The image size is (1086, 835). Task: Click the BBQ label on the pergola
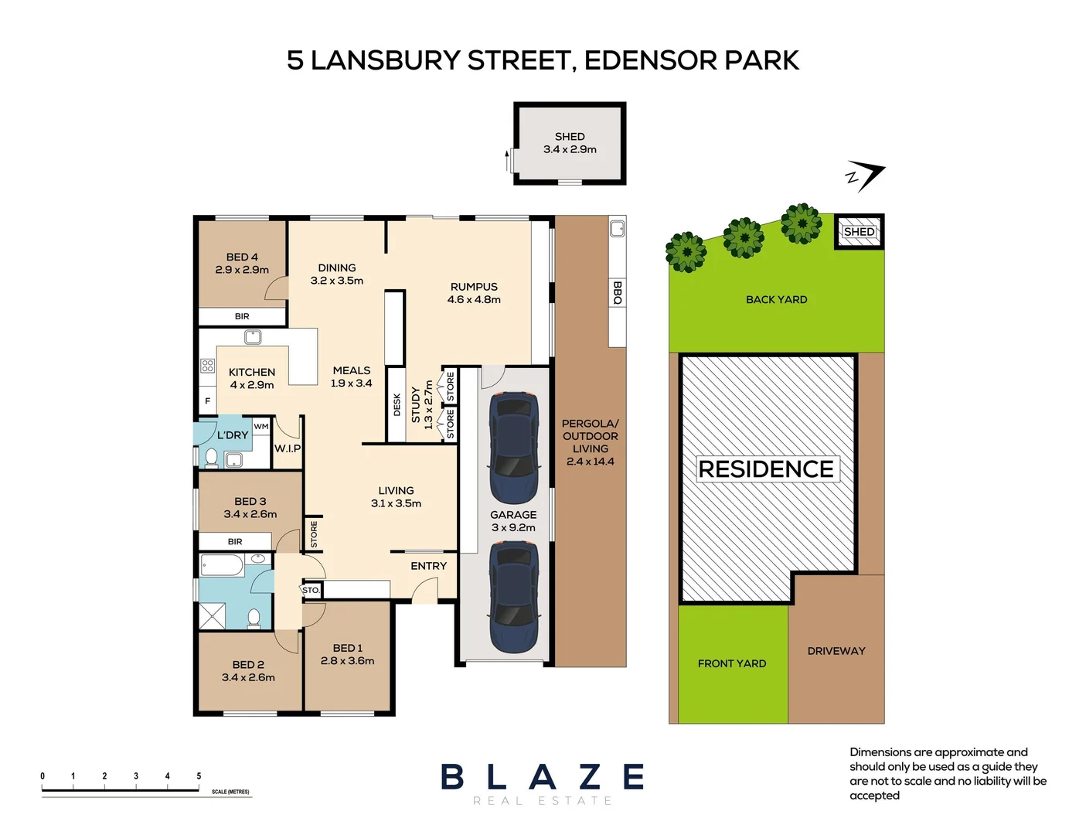pyautogui.click(x=617, y=292)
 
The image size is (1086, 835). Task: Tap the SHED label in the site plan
pyautogui.click(x=859, y=232)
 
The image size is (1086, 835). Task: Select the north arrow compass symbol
pyautogui.click(x=865, y=176)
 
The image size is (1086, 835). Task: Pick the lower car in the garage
pyautogui.click(x=513, y=596)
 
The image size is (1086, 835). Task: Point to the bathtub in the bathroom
pyautogui.click(x=222, y=565)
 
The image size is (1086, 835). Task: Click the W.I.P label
pyautogui.click(x=288, y=448)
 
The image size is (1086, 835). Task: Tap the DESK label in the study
pyautogui.click(x=397, y=404)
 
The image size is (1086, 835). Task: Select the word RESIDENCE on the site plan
pyautogui.click(x=765, y=469)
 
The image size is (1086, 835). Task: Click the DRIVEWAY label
pyautogui.click(x=836, y=651)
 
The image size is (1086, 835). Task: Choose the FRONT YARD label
pyautogui.click(x=731, y=663)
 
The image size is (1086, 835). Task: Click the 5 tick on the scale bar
pyautogui.click(x=199, y=776)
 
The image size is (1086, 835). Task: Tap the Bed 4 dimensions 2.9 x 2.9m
pyautogui.click(x=242, y=270)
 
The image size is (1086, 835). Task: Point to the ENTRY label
pyautogui.click(x=428, y=566)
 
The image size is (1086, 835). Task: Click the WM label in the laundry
pyautogui.click(x=261, y=426)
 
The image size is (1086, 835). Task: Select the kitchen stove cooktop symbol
pyautogui.click(x=207, y=366)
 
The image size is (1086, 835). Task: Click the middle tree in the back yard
pyautogui.click(x=744, y=237)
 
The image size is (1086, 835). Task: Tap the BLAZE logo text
pyautogui.click(x=543, y=777)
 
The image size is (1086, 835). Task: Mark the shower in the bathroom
pyautogui.click(x=213, y=615)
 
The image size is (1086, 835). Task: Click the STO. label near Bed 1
pyautogui.click(x=311, y=590)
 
